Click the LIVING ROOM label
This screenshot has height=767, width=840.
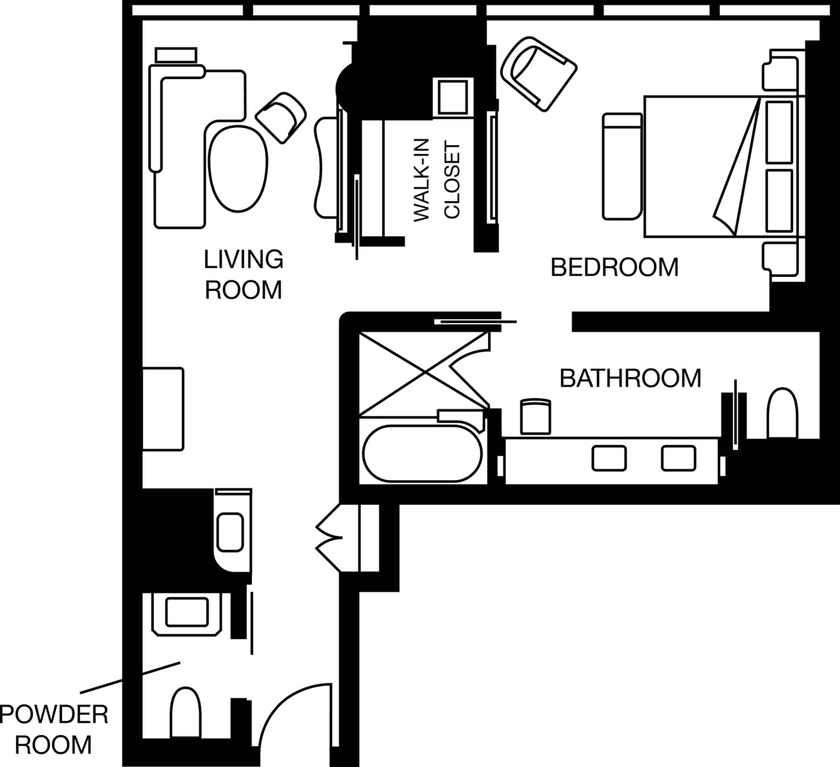tap(243, 275)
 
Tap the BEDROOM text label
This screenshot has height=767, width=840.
tap(614, 268)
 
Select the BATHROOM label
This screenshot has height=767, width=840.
tap(630, 379)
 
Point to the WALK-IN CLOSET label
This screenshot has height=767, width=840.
tap(437, 180)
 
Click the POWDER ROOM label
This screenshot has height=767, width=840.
tap(54, 730)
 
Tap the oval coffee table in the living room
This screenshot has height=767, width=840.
tap(238, 169)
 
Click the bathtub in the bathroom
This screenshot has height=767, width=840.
tap(423, 453)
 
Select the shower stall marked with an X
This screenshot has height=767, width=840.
tap(424, 374)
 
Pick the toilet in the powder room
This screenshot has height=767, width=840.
tap(186, 713)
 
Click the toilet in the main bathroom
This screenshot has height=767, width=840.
tap(782, 413)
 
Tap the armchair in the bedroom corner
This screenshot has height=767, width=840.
tap(539, 74)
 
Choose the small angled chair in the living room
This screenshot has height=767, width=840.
tap(281, 118)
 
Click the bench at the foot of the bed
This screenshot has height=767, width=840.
tap(622, 166)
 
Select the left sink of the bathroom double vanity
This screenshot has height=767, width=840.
tap(609, 458)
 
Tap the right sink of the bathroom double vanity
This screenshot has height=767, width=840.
tap(679, 458)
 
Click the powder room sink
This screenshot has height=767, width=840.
tap(187, 613)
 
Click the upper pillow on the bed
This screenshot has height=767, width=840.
tap(779, 132)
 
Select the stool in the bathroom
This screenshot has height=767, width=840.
tap(535, 416)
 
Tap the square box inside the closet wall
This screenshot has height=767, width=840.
tap(452, 97)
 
